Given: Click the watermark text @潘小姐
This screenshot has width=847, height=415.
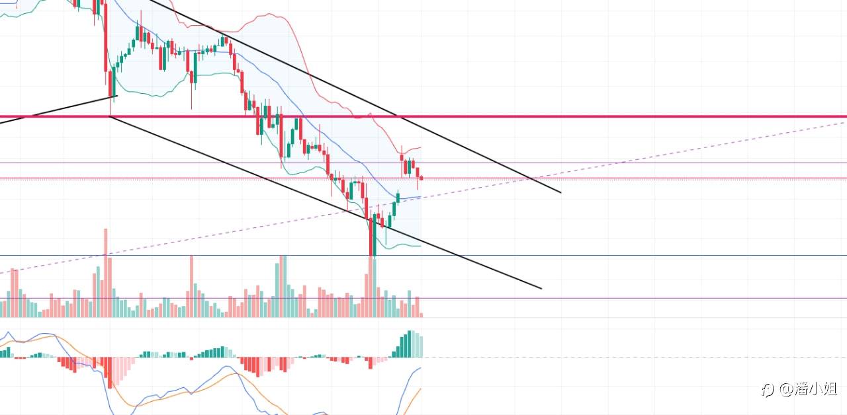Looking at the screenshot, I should click(808, 389).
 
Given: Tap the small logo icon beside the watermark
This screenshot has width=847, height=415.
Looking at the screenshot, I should click(768, 390).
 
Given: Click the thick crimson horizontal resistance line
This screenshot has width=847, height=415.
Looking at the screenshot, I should click(596, 116).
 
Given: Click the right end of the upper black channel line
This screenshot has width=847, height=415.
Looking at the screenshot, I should click(560, 192).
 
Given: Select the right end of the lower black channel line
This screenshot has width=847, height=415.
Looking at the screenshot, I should click(541, 288).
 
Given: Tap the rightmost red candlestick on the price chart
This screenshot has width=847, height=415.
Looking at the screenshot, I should click(422, 177).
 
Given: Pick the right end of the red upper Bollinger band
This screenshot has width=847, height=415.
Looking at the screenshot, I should click(421, 147).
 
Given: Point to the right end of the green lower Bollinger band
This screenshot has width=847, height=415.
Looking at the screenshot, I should click(420, 246).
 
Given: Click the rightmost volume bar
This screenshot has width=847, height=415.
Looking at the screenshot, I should click(422, 315).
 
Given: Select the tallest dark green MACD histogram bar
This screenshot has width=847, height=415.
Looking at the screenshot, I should click(410, 344).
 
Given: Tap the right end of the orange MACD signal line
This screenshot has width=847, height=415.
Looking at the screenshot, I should click(421, 389).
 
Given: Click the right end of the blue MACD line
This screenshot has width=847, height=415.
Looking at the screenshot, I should click(421, 368).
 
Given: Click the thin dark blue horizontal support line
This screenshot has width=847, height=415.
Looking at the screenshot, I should click(596, 255).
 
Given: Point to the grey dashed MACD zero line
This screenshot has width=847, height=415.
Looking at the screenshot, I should click(596, 358).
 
